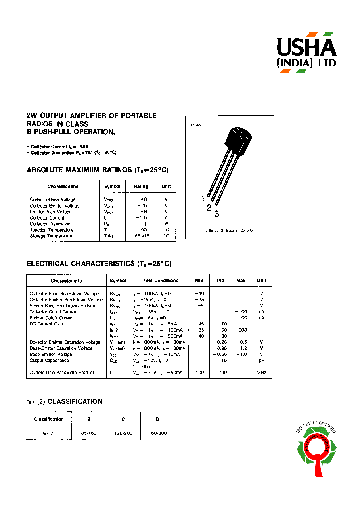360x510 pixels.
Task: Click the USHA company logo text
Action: [306, 48]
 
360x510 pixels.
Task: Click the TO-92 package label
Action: [196, 125]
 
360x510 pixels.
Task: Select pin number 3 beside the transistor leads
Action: [217, 214]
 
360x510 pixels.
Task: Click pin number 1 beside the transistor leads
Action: [203, 198]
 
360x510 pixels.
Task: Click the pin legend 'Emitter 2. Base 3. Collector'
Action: [229, 231]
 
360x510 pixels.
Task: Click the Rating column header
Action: [141, 187]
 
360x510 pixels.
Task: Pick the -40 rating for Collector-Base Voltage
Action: [142, 199]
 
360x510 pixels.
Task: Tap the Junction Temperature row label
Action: [52, 230]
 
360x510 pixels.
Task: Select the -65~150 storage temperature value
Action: [142, 236]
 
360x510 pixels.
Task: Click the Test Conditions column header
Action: [160, 281]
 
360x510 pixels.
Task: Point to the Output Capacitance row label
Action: [49, 360]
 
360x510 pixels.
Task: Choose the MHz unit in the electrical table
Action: [262, 372]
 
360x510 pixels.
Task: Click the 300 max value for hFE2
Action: [243, 330]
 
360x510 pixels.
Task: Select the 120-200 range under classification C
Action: [123, 433]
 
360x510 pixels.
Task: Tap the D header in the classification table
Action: [158, 419]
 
